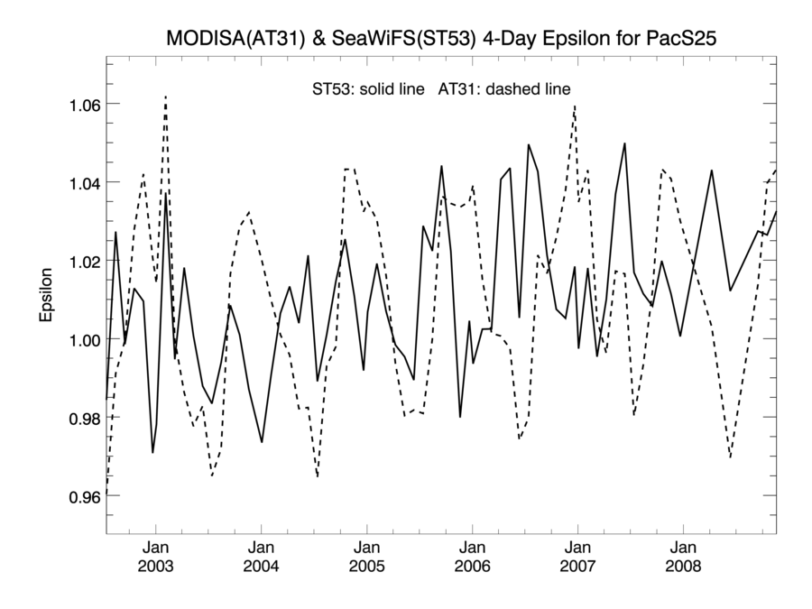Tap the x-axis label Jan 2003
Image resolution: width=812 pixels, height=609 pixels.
[x=156, y=557]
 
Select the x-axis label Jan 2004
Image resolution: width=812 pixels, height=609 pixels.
[x=262, y=557]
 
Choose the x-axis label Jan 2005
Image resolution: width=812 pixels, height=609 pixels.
[x=366, y=557]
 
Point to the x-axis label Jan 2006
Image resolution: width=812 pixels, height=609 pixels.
[x=472, y=557]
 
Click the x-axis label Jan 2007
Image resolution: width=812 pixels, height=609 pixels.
[x=577, y=557]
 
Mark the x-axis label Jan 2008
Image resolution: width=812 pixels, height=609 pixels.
[x=683, y=557]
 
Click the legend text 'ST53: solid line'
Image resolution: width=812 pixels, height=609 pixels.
[x=367, y=88]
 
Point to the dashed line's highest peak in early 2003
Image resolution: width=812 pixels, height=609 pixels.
[x=165, y=96]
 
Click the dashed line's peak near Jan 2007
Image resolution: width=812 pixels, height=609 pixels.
[x=575, y=106]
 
